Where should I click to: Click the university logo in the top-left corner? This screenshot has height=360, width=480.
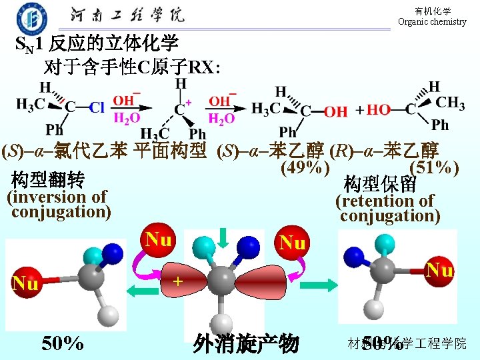click(32, 18)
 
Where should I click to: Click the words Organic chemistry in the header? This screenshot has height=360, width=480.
click(432, 21)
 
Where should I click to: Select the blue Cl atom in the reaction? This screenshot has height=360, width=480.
click(97, 107)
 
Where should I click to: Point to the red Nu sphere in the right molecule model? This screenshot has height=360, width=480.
click(439, 270)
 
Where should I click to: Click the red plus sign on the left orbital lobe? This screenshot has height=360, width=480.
click(178, 281)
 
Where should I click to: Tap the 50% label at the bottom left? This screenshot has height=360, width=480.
click(63, 343)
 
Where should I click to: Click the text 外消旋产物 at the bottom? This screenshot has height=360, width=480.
click(245, 343)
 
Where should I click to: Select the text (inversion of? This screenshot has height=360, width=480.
click(56, 197)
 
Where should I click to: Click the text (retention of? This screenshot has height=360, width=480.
click(384, 201)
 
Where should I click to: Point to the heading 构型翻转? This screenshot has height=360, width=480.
click(48, 180)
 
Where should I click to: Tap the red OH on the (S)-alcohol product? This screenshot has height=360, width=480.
click(335, 111)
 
